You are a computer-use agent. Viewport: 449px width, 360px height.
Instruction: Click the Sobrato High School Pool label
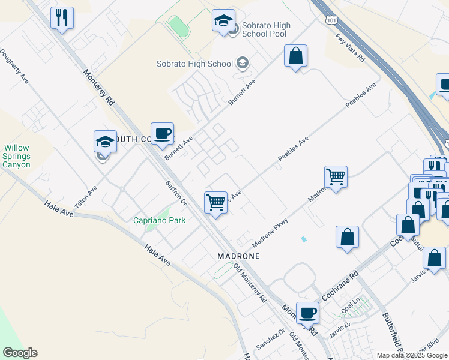(x=266, y=30)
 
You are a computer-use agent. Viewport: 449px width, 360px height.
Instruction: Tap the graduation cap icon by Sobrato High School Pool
(x=223, y=21)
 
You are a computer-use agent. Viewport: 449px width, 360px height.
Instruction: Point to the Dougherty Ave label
(x=14, y=65)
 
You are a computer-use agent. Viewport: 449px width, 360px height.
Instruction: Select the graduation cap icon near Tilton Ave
(x=105, y=142)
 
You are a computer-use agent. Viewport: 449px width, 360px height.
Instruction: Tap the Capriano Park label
(x=159, y=220)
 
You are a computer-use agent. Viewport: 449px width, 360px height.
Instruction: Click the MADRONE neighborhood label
(x=238, y=256)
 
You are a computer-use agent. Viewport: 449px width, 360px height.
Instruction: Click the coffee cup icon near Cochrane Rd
(x=308, y=312)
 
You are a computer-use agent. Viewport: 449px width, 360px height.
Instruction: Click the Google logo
(x=20, y=353)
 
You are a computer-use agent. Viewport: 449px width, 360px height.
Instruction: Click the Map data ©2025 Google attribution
(x=411, y=355)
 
